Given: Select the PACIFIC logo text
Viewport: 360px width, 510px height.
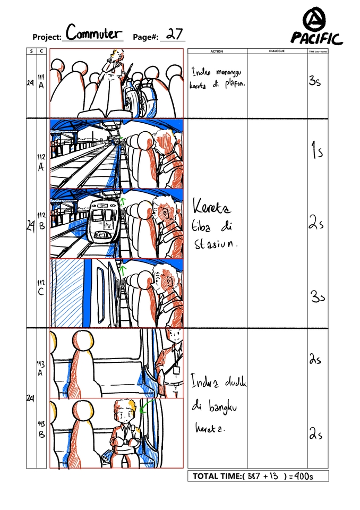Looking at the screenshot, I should [x=316, y=38].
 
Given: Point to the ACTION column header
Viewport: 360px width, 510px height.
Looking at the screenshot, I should [x=217, y=52].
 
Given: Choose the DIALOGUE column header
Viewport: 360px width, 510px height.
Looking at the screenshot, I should [x=277, y=52].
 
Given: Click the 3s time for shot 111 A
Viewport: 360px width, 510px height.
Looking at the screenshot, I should [x=314, y=82].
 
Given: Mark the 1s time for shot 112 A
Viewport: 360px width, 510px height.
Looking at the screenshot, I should [x=317, y=152].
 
